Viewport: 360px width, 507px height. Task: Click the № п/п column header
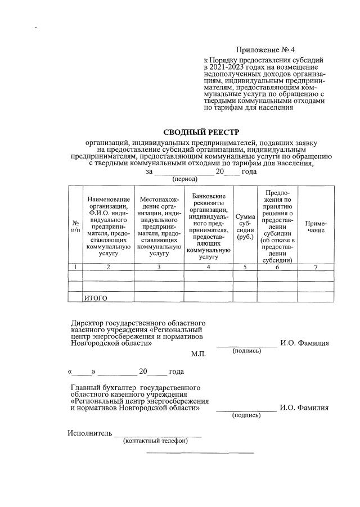[75, 227]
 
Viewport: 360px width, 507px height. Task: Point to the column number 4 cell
[209, 267]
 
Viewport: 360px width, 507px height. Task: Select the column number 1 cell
[75, 267]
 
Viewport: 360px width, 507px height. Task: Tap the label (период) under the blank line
[184, 179]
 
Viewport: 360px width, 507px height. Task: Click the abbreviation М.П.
[199, 355]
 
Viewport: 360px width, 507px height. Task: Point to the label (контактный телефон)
[155, 441]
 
